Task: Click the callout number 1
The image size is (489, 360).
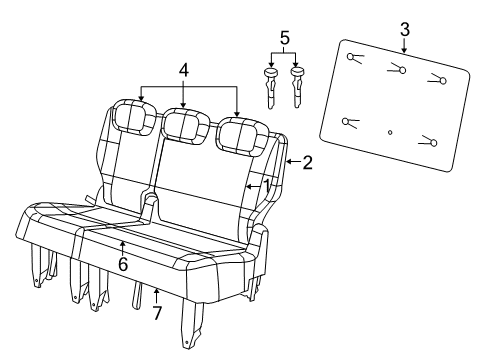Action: click(x=267, y=186)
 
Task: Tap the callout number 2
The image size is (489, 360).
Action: click(x=307, y=162)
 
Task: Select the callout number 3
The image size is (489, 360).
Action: click(x=404, y=30)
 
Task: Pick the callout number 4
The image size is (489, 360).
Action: click(x=184, y=71)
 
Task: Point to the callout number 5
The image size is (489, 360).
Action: click(x=284, y=38)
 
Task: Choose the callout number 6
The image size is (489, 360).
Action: click(x=123, y=264)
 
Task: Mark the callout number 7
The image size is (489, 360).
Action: click(x=157, y=313)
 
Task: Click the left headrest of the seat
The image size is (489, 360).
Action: click(x=135, y=117)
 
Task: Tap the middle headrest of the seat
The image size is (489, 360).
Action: click(x=185, y=126)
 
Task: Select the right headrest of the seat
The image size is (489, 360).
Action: click(x=242, y=136)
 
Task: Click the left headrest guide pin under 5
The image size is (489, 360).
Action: click(x=271, y=88)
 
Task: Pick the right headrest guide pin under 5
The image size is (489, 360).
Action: click(x=297, y=88)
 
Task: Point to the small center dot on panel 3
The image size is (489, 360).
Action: click(x=390, y=132)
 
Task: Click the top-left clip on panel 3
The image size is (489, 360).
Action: click(x=355, y=58)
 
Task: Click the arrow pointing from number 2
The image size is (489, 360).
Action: click(x=293, y=162)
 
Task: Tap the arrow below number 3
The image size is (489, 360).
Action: click(x=404, y=46)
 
